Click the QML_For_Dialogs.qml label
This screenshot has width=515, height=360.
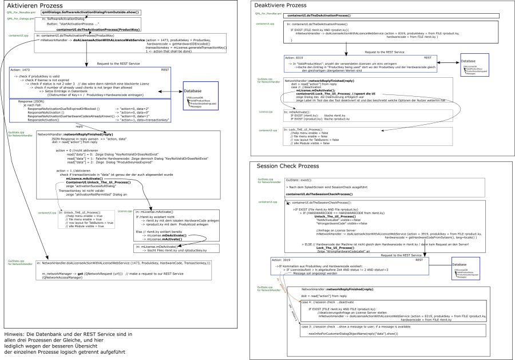click(21, 19)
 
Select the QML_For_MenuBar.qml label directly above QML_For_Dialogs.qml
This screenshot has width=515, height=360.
click(21, 13)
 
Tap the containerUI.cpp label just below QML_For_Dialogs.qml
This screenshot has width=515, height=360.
click(18, 35)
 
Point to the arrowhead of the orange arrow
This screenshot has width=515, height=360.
click(299, 302)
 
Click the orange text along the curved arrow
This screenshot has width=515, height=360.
click(282, 285)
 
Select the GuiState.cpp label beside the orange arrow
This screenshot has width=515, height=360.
click(268, 289)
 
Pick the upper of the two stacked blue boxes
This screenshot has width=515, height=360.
click(90, 82)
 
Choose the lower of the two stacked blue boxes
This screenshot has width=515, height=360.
click(90, 111)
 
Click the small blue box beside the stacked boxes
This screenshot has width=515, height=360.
click(201, 96)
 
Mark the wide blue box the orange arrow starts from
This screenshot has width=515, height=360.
click(350, 266)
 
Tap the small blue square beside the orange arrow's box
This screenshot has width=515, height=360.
click(466, 268)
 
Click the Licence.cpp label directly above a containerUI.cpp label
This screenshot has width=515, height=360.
click(266, 112)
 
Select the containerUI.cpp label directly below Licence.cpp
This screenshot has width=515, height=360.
click(268, 130)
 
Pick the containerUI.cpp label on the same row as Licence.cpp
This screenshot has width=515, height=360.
click(47, 213)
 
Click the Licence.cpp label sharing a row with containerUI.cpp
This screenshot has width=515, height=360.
click(125, 211)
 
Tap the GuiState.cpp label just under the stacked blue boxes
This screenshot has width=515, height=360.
click(20, 134)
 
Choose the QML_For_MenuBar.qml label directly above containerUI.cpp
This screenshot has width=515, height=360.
click(268, 14)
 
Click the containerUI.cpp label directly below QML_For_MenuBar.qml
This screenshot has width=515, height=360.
click(265, 24)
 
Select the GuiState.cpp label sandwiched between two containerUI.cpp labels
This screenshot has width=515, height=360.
click(269, 181)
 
